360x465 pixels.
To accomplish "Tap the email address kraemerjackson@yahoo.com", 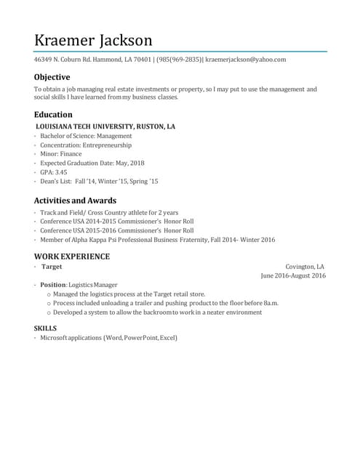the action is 246,60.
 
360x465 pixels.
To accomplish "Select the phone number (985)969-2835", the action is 179,60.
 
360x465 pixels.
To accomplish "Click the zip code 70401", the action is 141,60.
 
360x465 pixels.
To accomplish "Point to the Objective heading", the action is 52,77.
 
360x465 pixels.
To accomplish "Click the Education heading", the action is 53,114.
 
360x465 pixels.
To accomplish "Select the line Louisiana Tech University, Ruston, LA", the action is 105,126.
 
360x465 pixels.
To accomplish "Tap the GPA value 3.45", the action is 60,172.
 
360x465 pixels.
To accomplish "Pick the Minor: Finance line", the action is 61,154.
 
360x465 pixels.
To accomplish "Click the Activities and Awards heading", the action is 75,201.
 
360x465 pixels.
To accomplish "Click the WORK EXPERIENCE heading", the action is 72,256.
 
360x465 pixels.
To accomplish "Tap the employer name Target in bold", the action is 52,267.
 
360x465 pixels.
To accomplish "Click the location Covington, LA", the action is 305,267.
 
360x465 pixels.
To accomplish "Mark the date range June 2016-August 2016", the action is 293,276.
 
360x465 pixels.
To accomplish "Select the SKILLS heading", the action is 45,328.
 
